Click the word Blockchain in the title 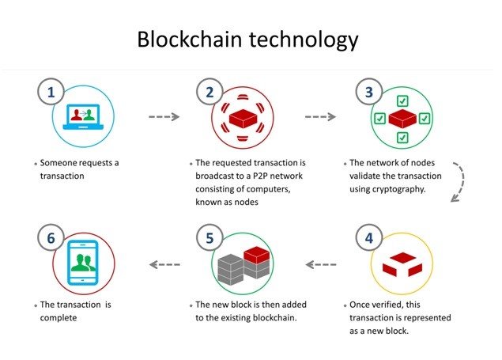click(189, 39)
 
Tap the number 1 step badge click(51, 92)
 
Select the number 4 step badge click(369, 238)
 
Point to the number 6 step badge click(51, 238)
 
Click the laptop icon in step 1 click(83, 117)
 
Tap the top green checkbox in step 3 click(402, 101)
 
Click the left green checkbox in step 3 click(380, 119)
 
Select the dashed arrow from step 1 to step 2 click(164, 116)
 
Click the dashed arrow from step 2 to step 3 click(320, 116)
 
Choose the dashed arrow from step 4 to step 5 click(321, 264)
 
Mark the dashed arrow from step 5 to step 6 click(164, 264)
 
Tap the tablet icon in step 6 click(83, 263)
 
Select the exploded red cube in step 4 click(402, 264)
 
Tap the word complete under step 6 click(59, 318)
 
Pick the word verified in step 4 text click(387, 305)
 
